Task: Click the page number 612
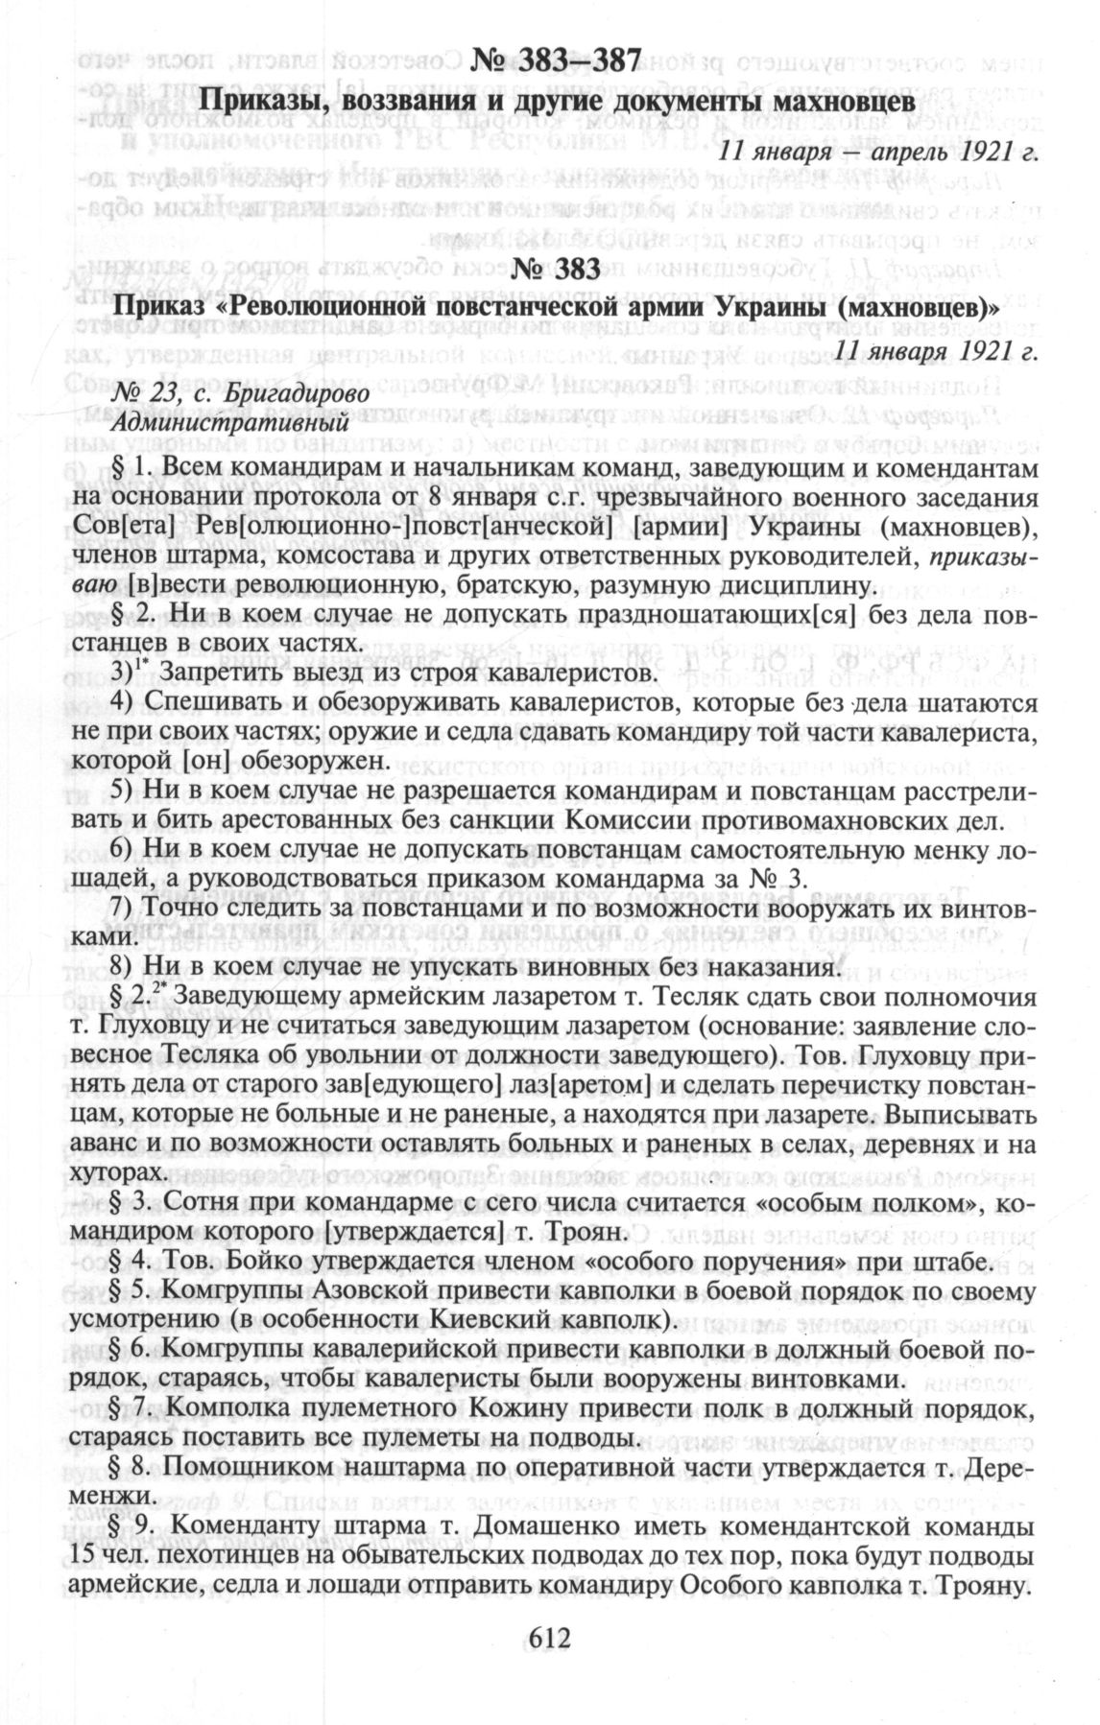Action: click(x=550, y=1637)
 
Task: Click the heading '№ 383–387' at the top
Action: click(x=556, y=61)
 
